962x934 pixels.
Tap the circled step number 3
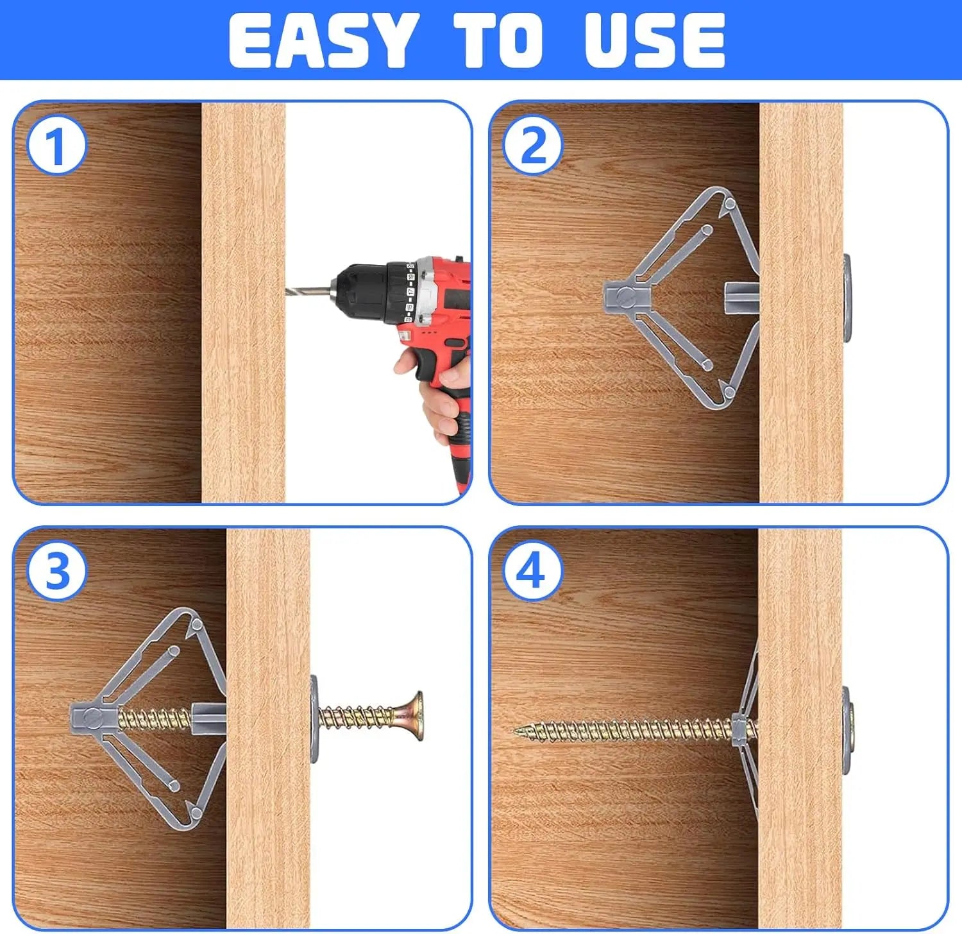click(x=56, y=571)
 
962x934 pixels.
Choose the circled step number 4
click(x=532, y=571)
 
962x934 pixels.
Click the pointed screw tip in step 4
click(x=517, y=730)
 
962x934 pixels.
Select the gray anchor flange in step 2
click(x=847, y=298)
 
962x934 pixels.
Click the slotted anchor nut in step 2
click(x=626, y=297)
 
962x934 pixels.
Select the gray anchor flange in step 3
click(x=315, y=718)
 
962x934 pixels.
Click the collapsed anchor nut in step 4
click(x=743, y=729)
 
